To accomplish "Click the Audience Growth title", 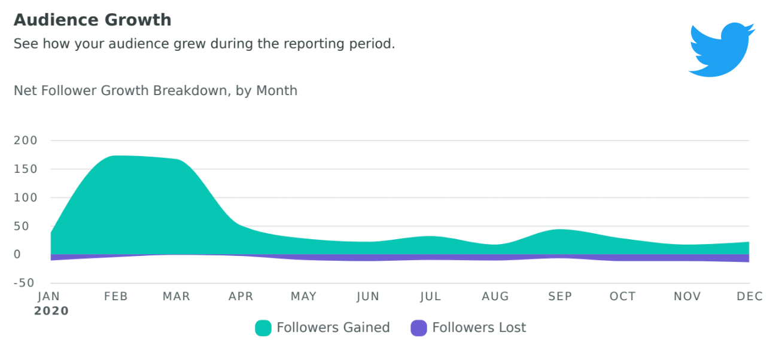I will pos(92,20).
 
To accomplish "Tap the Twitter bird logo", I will pos(721,50).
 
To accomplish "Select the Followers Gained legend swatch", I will pos(263,328).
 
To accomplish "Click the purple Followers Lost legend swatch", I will pos(419,328).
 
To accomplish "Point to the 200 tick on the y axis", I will pos(26,141).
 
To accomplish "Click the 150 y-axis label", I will pos(26,169).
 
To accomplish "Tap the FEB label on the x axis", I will pos(115,297).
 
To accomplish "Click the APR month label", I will pos(241,297).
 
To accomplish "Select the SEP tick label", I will pos(559,297).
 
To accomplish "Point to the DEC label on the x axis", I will pos(750,297).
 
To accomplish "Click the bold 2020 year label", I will pos(51,311).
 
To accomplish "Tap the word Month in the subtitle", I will pos(276,91).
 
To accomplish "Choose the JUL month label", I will pos(430,297).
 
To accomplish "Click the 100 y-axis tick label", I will pos(26,197).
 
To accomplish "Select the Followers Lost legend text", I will pos(479,328).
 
